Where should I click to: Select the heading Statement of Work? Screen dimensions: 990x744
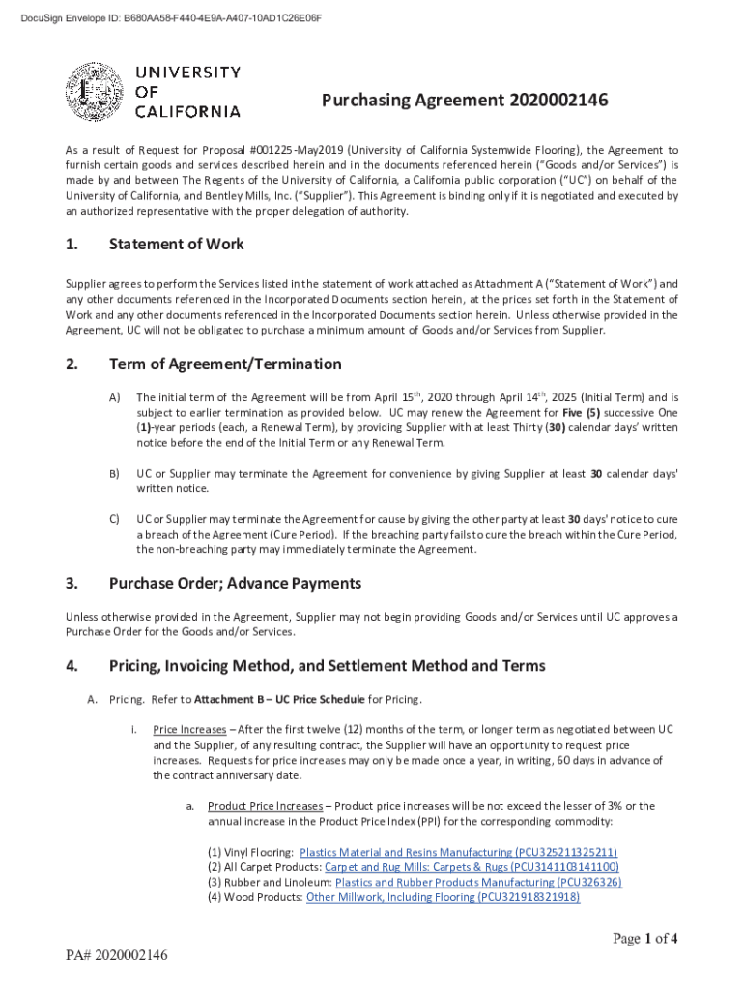pyautogui.click(x=176, y=245)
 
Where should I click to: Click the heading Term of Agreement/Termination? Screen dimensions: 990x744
pyautogui.click(x=224, y=364)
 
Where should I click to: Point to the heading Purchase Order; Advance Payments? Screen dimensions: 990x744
pyautogui.click(x=235, y=584)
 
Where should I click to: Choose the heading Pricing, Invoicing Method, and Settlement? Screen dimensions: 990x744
pyautogui.click(x=327, y=666)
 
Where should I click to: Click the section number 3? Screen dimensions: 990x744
pyautogui.click(x=71, y=584)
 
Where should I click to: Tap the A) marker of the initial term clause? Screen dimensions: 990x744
pyautogui.click(x=115, y=397)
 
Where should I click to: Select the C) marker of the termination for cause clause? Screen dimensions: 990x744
pyautogui.click(x=115, y=519)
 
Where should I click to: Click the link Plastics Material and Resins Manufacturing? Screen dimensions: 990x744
pyautogui.click(x=458, y=852)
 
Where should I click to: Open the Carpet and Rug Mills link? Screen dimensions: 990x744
pyautogui.click(x=472, y=867)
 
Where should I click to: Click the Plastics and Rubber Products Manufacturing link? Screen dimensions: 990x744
pyautogui.click(x=478, y=883)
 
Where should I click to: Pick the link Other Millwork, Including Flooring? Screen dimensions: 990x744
pyautogui.click(x=443, y=898)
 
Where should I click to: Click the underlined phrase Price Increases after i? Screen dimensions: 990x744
pyautogui.click(x=189, y=730)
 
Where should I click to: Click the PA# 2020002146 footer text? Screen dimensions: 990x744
pyautogui.click(x=117, y=956)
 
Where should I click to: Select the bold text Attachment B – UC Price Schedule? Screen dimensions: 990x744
pyautogui.click(x=278, y=699)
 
